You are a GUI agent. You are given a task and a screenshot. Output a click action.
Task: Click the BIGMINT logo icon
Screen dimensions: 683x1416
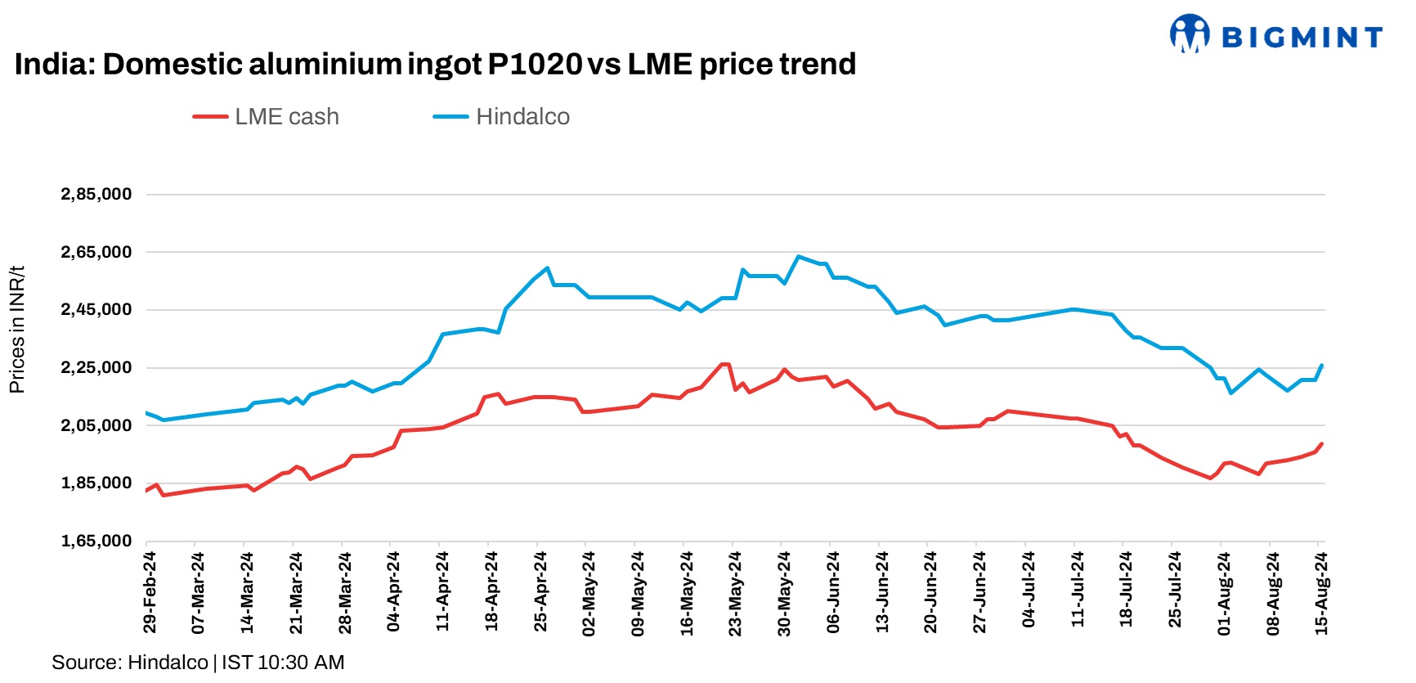tap(1190, 34)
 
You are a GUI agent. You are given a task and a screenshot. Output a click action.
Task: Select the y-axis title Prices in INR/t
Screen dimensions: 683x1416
tap(17, 329)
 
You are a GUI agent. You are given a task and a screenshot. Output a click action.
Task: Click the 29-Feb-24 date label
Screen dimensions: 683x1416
tap(150, 591)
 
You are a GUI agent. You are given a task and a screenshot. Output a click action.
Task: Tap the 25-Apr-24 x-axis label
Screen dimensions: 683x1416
tap(540, 591)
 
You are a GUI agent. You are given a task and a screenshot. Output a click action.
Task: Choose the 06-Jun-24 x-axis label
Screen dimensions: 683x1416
tap(833, 591)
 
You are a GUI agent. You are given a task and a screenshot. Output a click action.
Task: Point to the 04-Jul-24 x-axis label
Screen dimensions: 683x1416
tap(1028, 591)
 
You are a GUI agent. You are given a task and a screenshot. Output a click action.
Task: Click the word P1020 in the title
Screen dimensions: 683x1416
tap(535, 64)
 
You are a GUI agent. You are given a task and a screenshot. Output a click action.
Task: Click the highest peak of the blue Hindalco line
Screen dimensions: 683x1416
tap(798, 256)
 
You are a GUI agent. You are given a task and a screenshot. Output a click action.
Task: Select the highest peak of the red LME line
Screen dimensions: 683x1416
tap(724, 364)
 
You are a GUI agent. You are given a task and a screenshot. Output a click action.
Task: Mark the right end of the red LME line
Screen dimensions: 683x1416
tap(1321, 444)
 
